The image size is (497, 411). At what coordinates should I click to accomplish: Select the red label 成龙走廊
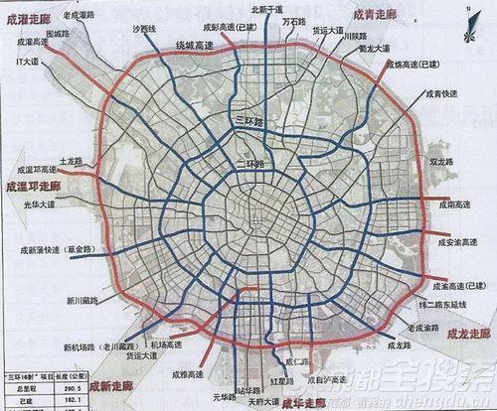466,333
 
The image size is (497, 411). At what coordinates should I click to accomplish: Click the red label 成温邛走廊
33,186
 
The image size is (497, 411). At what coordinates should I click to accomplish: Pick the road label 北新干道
265,9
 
